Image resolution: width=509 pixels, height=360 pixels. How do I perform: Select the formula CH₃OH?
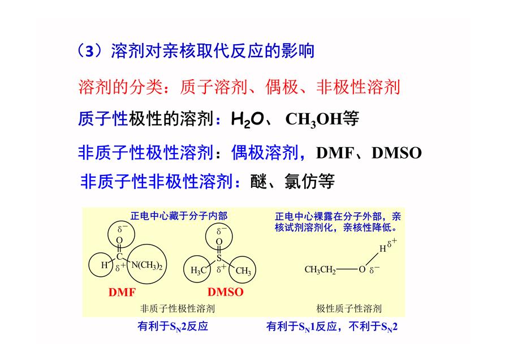point(313,119)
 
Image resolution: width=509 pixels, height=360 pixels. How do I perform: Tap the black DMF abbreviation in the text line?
point(335,153)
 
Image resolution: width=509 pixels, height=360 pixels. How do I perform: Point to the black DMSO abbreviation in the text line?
point(396,153)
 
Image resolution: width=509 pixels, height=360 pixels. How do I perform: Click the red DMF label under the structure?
point(122,292)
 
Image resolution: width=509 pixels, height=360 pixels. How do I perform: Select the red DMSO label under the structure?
point(225,292)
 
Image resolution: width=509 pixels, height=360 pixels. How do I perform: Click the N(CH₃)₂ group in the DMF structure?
point(146,265)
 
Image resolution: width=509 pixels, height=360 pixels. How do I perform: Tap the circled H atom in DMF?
point(104,265)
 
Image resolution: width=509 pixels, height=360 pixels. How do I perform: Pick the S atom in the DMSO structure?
point(219,258)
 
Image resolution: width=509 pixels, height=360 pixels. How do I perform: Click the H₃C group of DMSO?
point(199,271)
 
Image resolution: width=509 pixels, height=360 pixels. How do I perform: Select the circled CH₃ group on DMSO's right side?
point(243,271)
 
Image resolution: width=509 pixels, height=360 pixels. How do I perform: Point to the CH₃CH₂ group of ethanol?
point(320,269)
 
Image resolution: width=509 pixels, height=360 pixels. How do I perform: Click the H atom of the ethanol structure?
point(383,249)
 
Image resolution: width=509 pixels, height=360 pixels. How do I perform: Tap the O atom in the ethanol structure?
point(362,269)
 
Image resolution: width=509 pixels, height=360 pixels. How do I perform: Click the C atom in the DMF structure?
point(119,256)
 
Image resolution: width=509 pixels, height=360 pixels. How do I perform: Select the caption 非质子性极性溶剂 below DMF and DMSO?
point(177,308)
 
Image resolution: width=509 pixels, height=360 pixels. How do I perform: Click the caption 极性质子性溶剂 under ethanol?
point(349,308)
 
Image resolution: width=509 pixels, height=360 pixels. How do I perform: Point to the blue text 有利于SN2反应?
point(172,326)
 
